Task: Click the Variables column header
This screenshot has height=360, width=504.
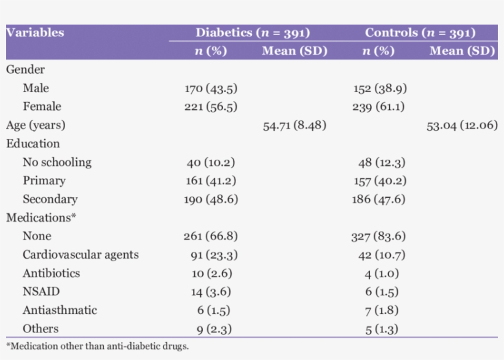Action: pos(35,33)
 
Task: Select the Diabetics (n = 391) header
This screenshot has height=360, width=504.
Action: pos(252,33)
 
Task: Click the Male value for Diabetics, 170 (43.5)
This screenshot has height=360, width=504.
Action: pos(211,88)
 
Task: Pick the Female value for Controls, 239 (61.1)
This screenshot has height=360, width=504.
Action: pos(379,107)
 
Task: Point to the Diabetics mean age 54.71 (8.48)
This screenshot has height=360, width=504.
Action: pos(294,125)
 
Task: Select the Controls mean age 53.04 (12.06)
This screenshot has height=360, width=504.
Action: pos(462,125)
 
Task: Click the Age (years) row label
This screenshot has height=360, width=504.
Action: pos(36,125)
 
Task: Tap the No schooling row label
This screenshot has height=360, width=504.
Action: pos(57,162)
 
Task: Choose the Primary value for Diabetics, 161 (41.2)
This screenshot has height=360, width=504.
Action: pos(211,181)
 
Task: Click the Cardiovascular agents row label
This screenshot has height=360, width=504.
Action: pos(81,254)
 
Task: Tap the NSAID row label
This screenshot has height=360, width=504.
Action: pos(41,291)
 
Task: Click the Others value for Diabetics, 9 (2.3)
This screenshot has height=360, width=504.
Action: pos(214,329)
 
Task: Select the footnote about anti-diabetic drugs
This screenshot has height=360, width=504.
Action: pos(97,346)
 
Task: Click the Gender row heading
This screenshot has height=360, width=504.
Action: pos(25,70)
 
